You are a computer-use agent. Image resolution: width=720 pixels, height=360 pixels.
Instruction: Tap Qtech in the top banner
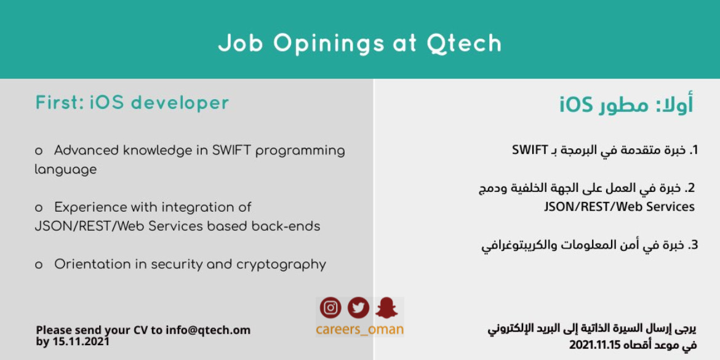click(x=464, y=44)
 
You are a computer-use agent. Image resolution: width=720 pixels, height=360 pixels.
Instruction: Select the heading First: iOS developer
click(x=132, y=103)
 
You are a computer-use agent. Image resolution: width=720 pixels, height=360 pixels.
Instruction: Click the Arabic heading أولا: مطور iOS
click(x=626, y=105)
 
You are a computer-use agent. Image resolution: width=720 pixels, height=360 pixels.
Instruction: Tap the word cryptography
click(x=281, y=265)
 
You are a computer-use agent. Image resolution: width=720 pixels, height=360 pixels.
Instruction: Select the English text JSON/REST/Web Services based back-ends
click(x=177, y=226)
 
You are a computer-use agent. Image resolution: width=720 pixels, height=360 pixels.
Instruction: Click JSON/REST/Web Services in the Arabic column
click(x=619, y=207)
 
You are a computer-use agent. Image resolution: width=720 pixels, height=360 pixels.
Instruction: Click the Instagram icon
click(x=330, y=308)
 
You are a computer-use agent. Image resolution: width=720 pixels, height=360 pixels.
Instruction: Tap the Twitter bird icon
click(x=358, y=308)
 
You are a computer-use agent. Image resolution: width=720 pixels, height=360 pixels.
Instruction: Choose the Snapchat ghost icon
click(x=386, y=308)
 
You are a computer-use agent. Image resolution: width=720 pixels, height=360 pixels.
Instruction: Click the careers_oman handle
click(x=359, y=329)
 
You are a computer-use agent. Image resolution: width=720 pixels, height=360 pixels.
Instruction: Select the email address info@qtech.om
click(x=208, y=330)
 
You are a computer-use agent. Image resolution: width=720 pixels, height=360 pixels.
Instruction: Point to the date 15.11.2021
click(x=81, y=342)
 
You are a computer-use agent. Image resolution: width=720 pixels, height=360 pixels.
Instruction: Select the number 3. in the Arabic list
click(x=692, y=245)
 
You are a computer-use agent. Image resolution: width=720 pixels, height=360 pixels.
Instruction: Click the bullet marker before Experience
click(x=39, y=209)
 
